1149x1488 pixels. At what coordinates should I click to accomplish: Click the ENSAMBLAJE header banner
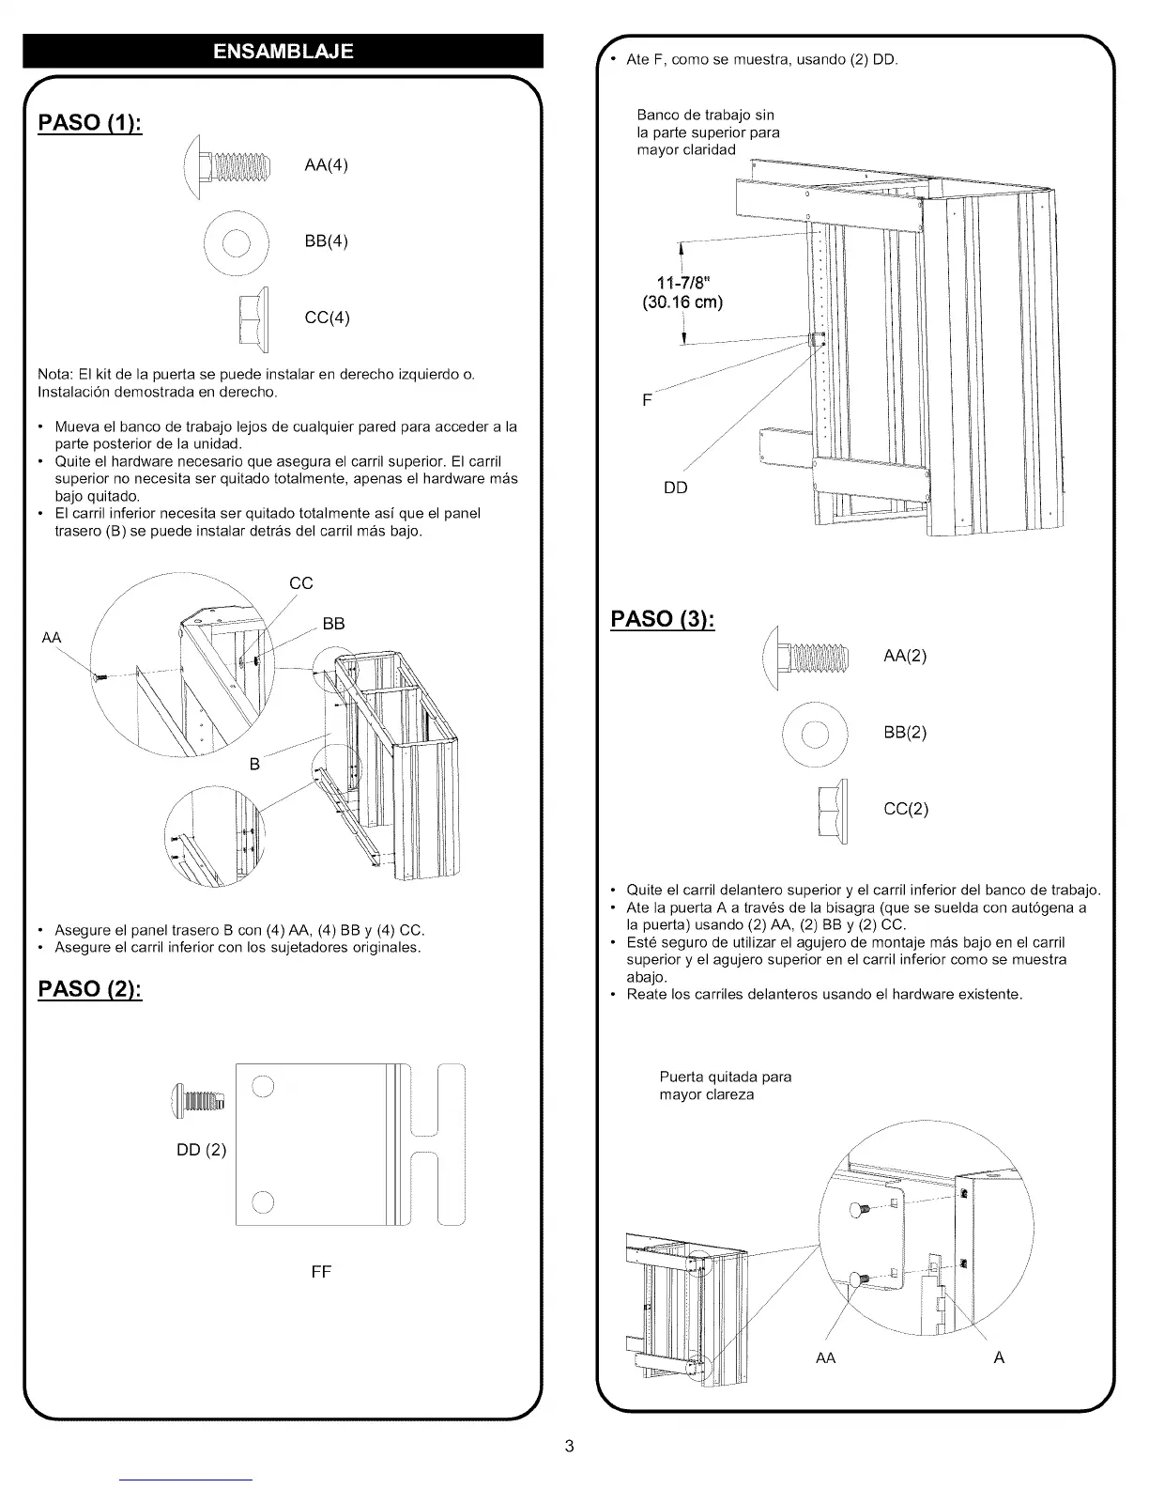point(283,51)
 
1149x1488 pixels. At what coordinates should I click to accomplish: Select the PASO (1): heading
point(90,123)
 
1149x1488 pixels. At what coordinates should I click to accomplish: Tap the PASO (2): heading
point(90,989)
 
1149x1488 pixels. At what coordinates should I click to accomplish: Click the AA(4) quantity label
point(327,165)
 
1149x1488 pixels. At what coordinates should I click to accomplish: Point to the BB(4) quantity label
point(327,241)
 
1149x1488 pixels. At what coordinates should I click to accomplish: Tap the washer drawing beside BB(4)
point(237,242)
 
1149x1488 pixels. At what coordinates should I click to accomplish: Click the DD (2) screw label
point(202,1150)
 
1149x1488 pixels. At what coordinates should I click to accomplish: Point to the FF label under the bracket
point(321,1272)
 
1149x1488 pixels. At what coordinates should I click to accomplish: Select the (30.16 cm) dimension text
point(682,302)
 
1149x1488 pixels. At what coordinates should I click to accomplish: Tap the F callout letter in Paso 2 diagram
point(647,400)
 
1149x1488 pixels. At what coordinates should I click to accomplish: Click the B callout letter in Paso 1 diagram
point(254,765)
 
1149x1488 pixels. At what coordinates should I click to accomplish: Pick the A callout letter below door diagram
point(999,1357)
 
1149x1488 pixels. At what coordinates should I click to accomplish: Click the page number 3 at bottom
point(569,1446)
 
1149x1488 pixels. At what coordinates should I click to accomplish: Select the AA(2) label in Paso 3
point(905,656)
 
